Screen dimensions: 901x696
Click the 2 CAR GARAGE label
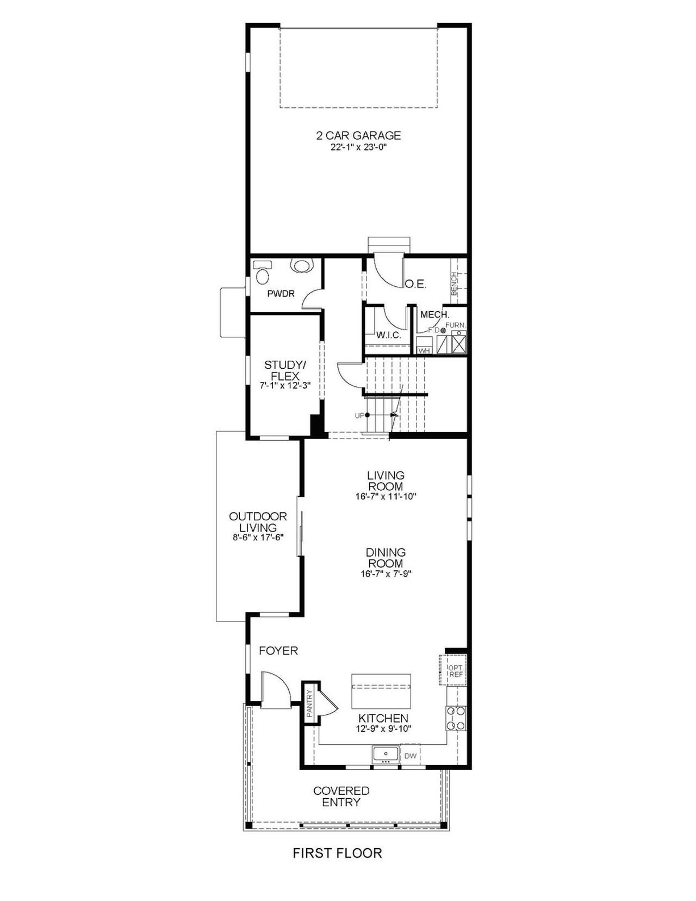point(358,135)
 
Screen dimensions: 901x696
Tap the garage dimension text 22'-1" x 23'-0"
point(358,147)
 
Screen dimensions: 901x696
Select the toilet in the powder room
point(263,272)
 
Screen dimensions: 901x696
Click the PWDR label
point(281,294)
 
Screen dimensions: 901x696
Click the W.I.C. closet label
point(388,335)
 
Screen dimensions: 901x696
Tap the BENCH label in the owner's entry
point(455,284)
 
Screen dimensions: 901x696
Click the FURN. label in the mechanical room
point(456,325)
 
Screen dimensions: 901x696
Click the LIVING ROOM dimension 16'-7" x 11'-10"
point(386,496)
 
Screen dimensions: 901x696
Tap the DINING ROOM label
point(386,558)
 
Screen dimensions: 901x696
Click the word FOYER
point(278,651)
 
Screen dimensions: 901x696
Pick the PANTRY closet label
point(309,703)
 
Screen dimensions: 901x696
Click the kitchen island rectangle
point(381,690)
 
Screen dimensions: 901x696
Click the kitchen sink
point(386,755)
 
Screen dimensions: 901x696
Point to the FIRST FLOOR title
point(337,853)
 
